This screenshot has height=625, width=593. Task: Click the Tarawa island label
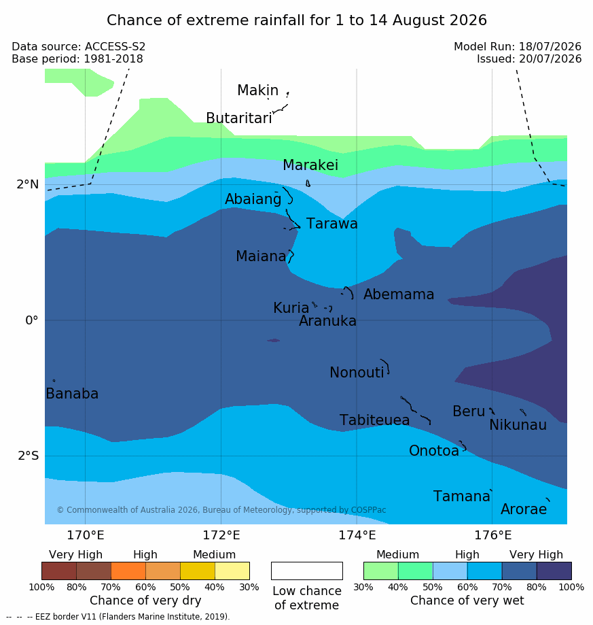[331, 224]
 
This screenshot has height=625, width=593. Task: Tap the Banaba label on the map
[72, 394]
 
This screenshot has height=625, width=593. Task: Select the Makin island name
[257, 90]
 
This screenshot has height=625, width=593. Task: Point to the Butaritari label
[239, 118]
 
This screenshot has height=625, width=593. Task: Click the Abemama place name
[398, 294]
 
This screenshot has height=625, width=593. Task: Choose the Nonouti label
[357, 372]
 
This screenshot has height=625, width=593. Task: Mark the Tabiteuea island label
[374, 420]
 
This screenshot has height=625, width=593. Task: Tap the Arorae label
[523, 509]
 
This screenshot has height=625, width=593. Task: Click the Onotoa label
[434, 451]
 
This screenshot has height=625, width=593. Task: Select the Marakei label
[310, 165]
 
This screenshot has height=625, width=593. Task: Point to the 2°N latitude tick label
[28, 184]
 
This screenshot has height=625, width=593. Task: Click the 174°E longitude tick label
[357, 535]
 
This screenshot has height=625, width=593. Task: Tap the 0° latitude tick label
[32, 320]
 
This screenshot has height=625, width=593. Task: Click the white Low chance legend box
[307, 571]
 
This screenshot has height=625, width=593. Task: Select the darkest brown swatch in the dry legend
[59, 571]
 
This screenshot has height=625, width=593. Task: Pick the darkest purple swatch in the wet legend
[554, 571]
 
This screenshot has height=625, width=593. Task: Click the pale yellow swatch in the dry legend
[232, 571]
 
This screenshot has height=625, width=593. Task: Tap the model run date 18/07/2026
[550, 47]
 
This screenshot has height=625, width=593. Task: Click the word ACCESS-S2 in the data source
[115, 47]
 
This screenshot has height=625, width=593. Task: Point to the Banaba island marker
[54, 381]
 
